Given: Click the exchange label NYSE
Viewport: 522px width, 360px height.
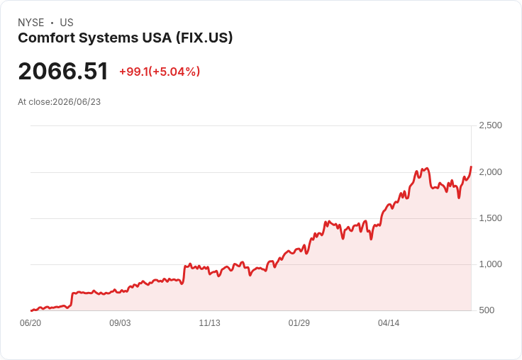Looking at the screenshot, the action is click(x=31, y=23).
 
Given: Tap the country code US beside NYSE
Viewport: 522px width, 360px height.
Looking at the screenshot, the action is click(x=67, y=23).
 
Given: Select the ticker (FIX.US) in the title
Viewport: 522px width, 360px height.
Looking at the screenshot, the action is click(x=204, y=38).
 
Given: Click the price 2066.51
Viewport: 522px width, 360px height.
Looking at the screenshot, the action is click(x=63, y=71).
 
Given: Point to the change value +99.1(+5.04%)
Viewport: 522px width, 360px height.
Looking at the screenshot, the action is click(x=160, y=72).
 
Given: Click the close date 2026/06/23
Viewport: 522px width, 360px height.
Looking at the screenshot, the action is click(x=77, y=102).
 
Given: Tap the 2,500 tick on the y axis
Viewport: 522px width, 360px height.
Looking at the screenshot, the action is click(x=490, y=125).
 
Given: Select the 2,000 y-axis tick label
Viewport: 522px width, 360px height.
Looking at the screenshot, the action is click(x=490, y=172).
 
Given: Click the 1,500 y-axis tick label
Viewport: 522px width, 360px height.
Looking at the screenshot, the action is click(x=490, y=218).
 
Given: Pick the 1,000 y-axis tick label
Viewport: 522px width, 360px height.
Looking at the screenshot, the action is click(x=490, y=264).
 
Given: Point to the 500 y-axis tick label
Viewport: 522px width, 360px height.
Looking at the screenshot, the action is click(x=487, y=310).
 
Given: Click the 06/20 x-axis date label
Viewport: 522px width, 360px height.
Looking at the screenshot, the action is click(x=30, y=323).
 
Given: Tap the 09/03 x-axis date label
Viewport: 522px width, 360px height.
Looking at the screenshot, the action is click(x=120, y=323).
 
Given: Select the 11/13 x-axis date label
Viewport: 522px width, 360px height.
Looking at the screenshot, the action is click(x=209, y=323).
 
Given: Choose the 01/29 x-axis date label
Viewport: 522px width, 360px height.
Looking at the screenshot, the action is click(x=299, y=323).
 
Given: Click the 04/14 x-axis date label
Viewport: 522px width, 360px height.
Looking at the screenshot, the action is click(x=389, y=323).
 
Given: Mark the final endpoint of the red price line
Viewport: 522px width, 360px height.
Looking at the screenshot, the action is click(x=471, y=167).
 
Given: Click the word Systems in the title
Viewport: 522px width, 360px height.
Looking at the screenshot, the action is click(x=109, y=38).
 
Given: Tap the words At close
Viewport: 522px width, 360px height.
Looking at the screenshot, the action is click(x=34, y=102).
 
